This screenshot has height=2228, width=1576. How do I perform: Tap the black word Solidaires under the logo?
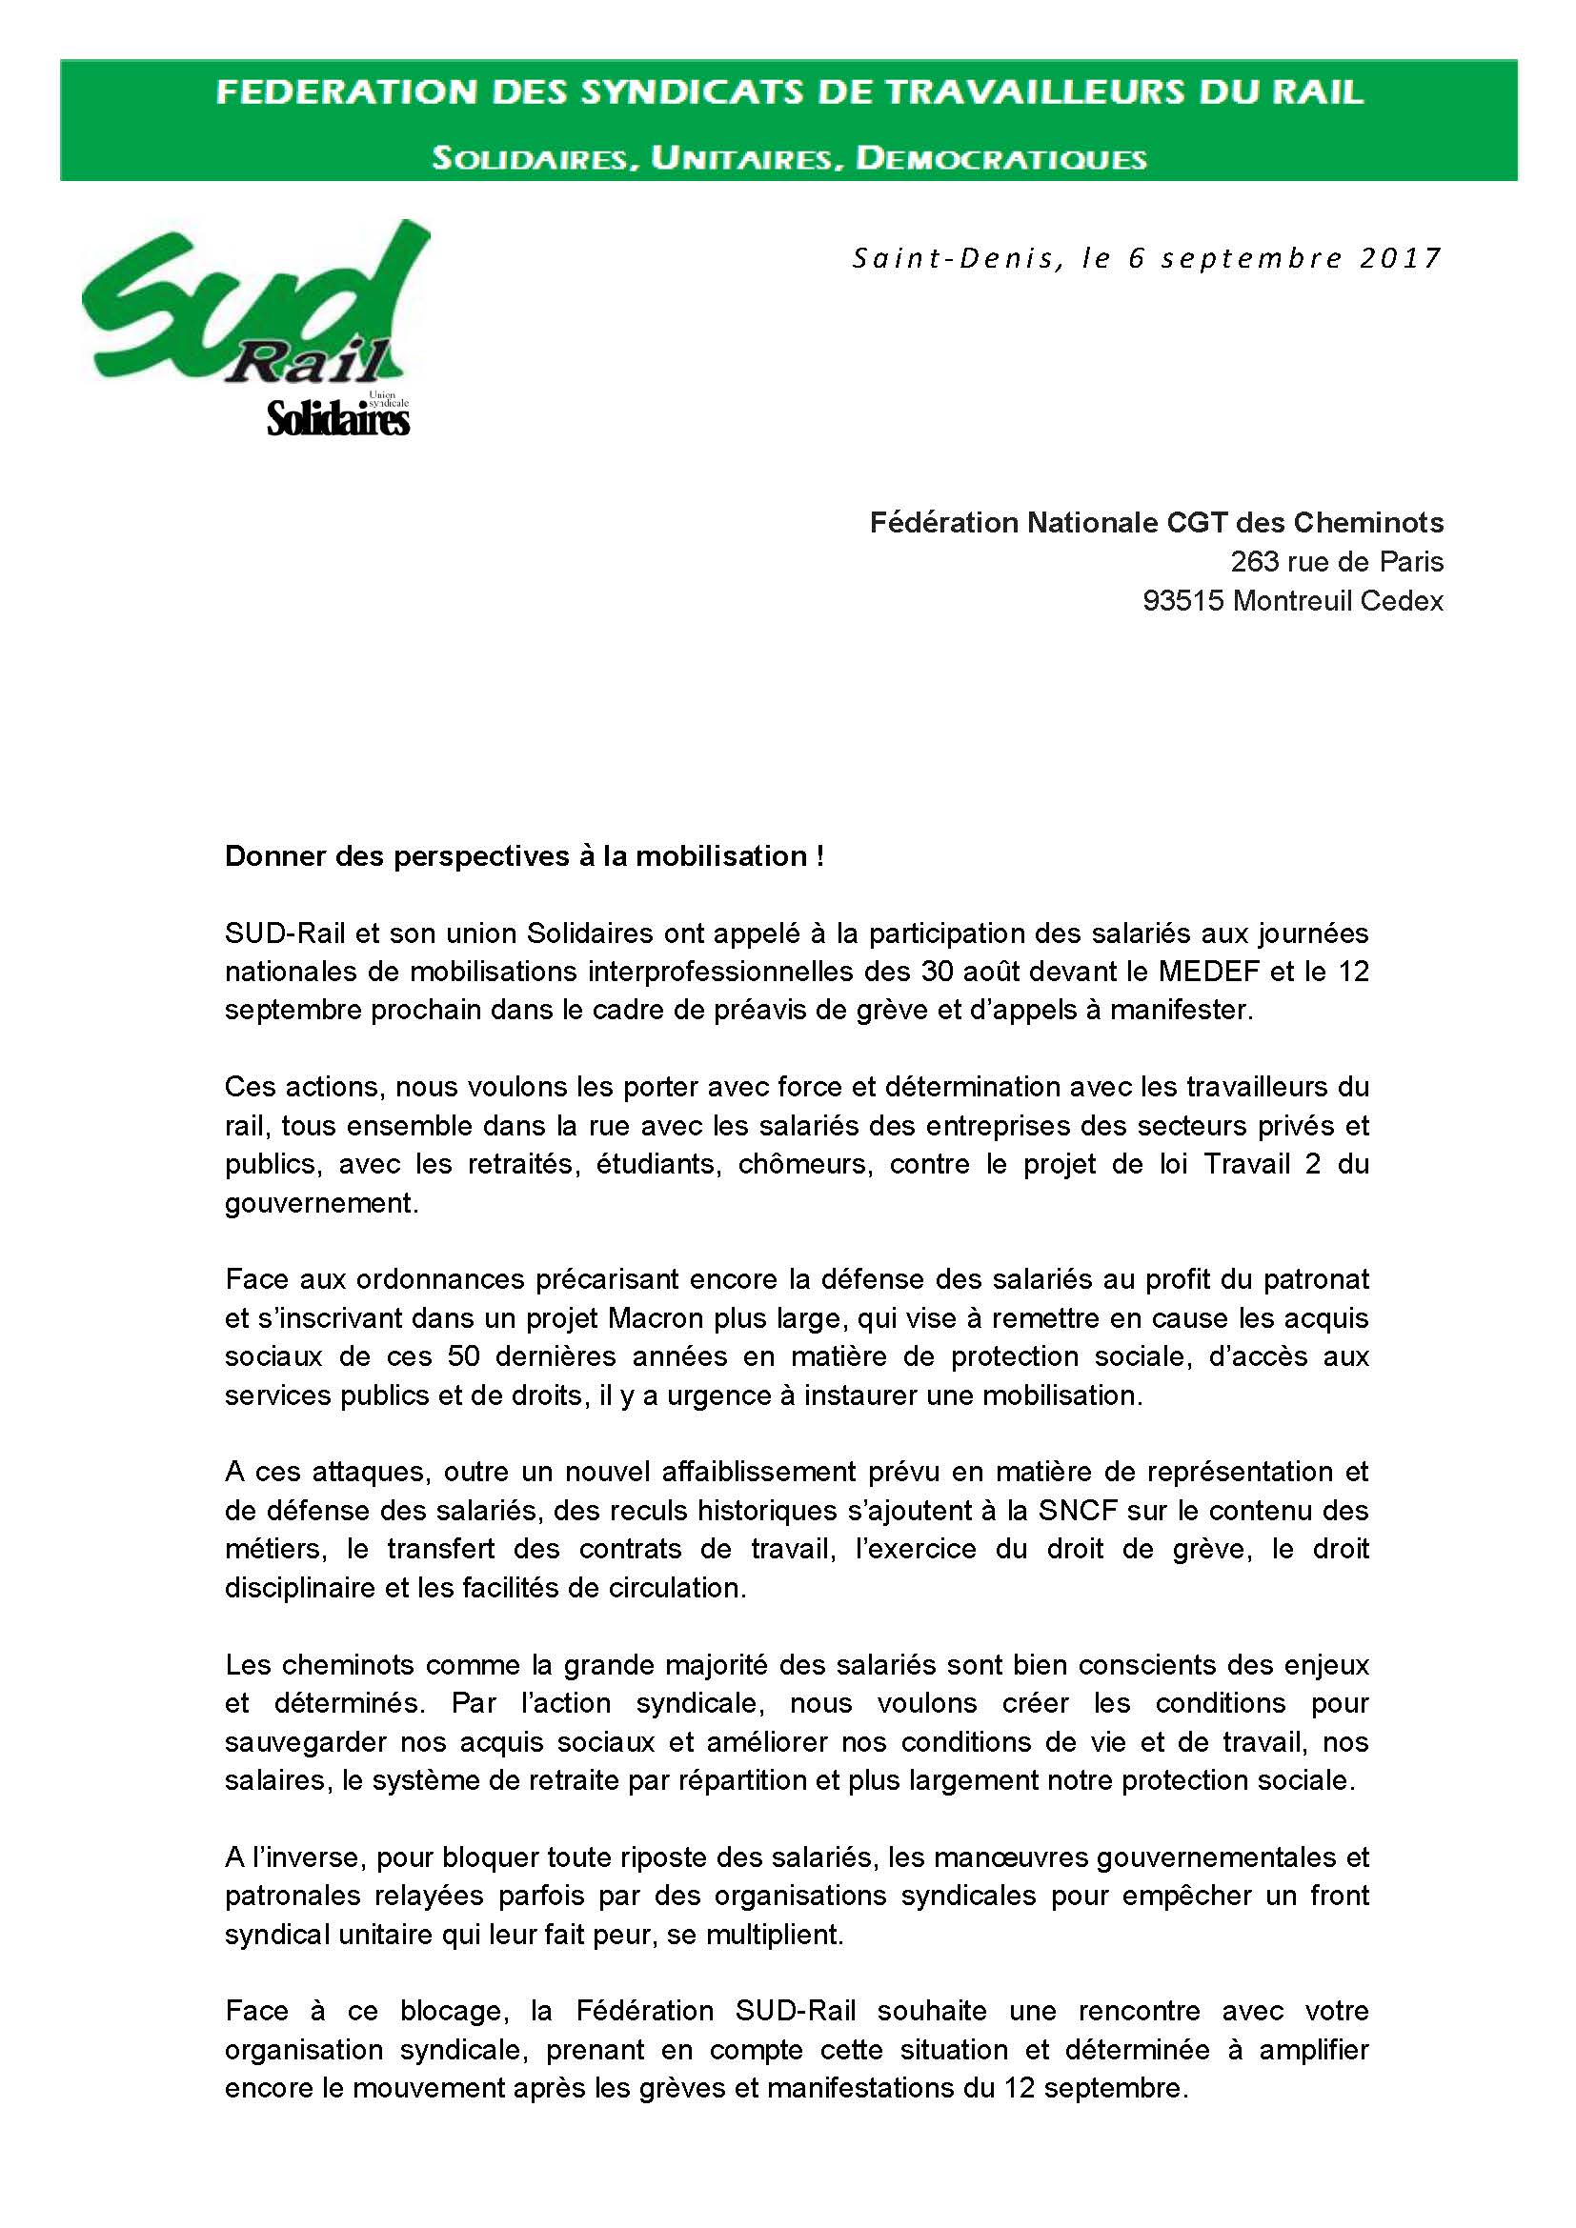337,420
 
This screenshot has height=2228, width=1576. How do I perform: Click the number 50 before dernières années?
464,1356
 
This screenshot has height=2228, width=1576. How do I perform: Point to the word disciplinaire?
301,1589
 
